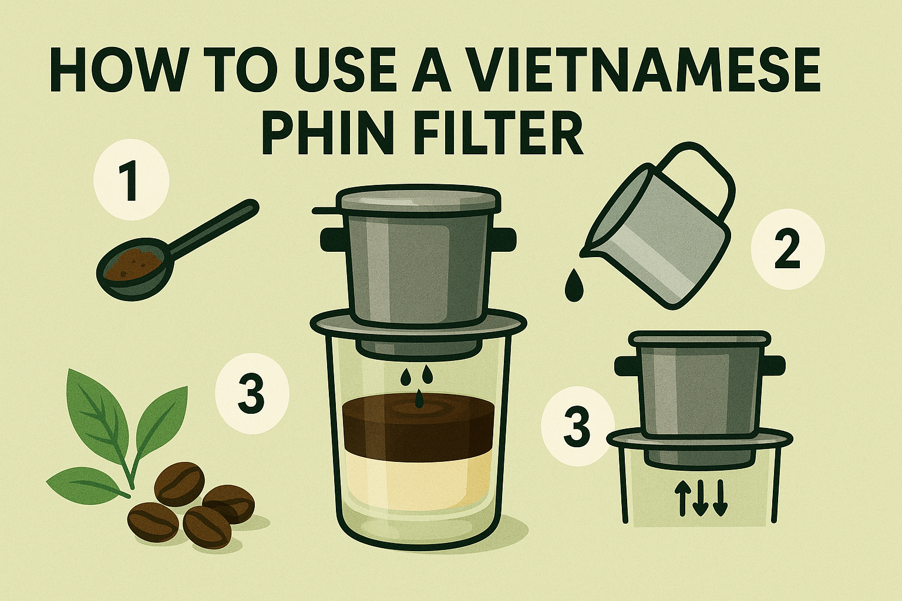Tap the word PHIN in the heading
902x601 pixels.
point(341,131)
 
